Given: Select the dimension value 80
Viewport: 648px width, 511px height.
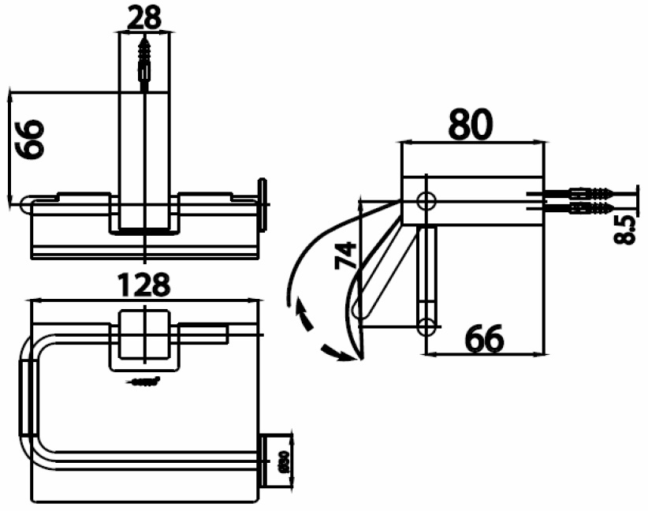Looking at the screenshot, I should [x=471, y=124].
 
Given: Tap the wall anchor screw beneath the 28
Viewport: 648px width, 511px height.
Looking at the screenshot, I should [x=143, y=59].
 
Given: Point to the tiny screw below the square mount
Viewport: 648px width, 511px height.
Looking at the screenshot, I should [x=143, y=383].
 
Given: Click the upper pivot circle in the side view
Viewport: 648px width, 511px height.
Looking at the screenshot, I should [x=426, y=200].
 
